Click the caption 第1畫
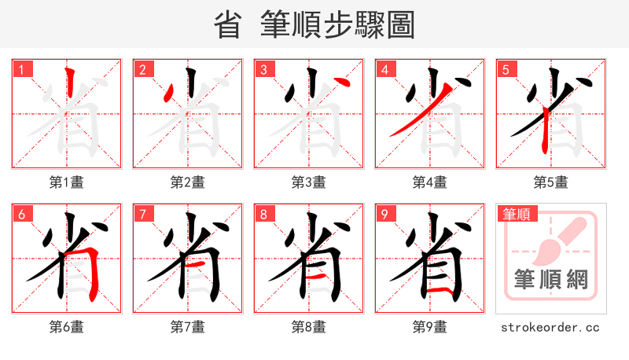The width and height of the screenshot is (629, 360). coord(67,182)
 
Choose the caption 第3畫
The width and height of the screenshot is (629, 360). coord(309,182)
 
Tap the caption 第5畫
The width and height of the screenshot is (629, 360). coord(551,182)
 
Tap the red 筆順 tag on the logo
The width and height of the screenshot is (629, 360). coord(516,214)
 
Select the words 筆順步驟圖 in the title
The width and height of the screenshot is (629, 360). coord(337,26)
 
